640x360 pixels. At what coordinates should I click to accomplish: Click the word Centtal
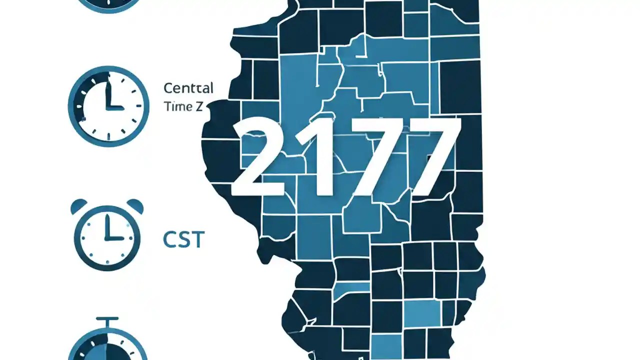pos(188,88)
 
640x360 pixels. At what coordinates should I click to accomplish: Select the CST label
pos(183,240)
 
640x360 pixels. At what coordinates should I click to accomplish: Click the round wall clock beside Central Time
pos(108,106)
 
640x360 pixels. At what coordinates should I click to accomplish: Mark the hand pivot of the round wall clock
pos(107,107)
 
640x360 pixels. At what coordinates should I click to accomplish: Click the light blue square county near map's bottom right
pos(421,313)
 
